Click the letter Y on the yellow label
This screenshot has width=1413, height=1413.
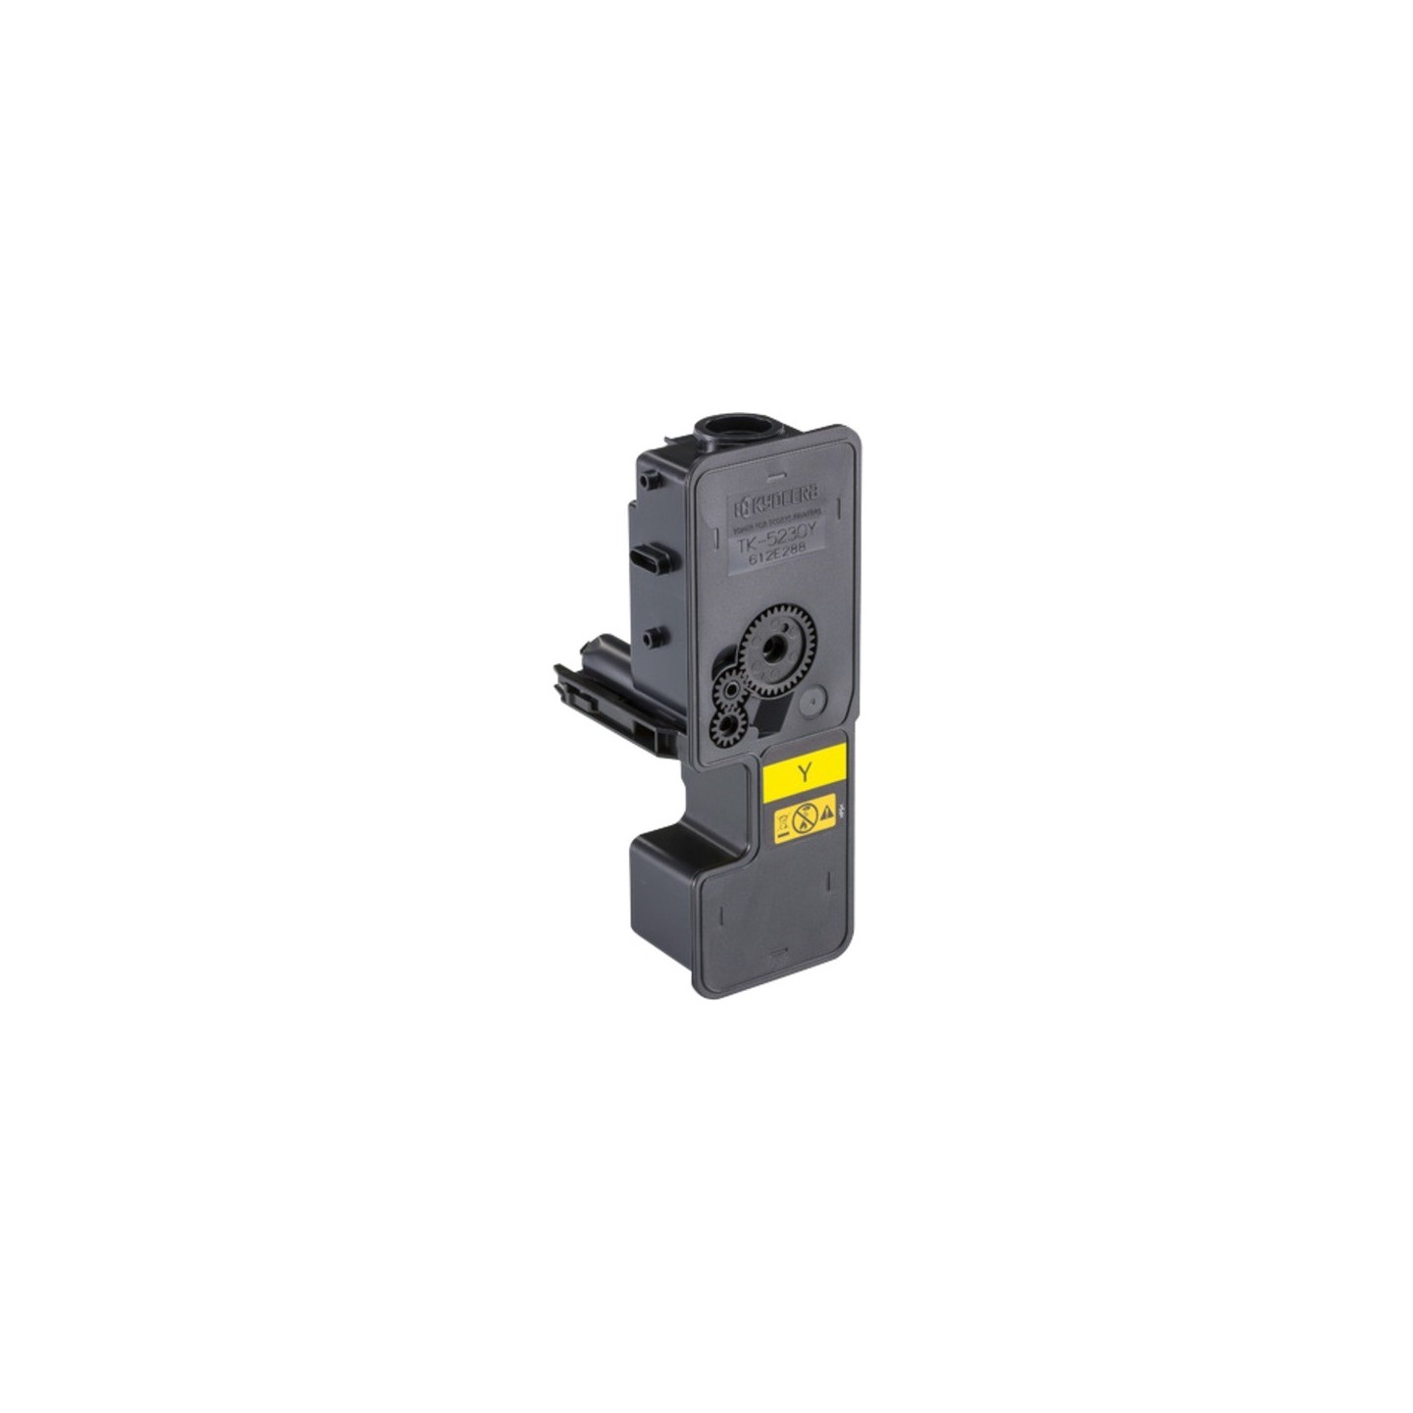tap(805, 771)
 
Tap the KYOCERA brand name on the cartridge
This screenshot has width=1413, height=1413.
tap(781, 498)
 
